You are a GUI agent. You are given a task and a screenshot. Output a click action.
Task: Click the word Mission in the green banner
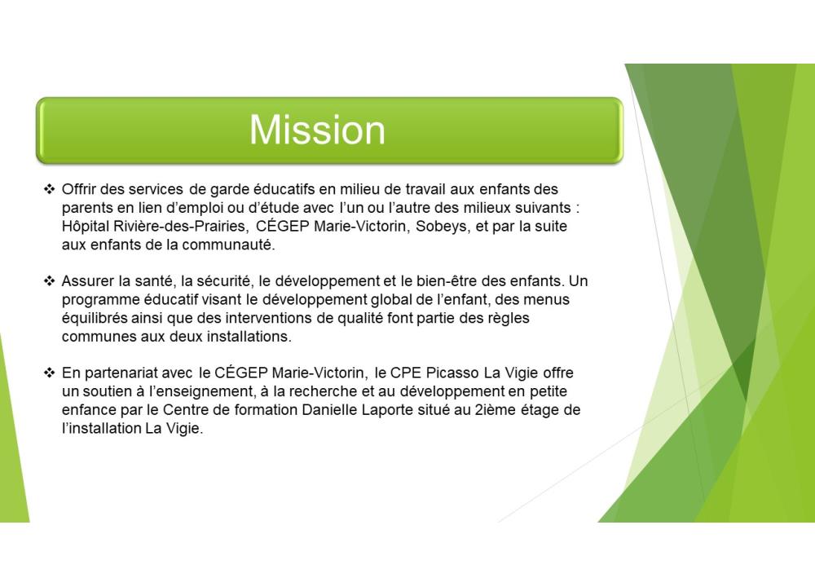click(317, 130)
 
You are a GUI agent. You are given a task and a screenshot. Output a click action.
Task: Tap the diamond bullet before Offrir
click(50, 189)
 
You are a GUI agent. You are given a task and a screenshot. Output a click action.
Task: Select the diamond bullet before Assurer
click(50, 281)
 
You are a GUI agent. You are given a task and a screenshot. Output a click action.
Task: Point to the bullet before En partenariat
click(50, 373)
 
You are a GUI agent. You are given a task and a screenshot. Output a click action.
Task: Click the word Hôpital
click(86, 227)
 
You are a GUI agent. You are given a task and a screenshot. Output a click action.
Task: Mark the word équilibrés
click(94, 318)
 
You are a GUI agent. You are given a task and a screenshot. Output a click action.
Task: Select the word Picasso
click(452, 373)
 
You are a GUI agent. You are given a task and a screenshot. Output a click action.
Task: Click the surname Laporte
click(387, 410)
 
